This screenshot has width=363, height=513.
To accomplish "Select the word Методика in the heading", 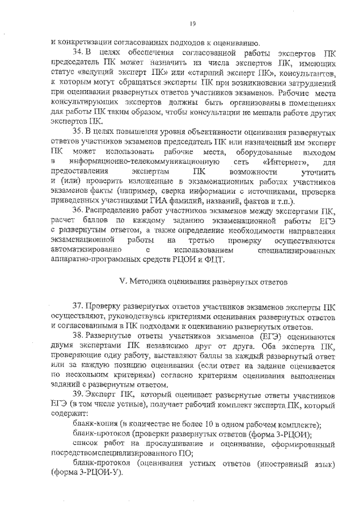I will click(x=147, y=281).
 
